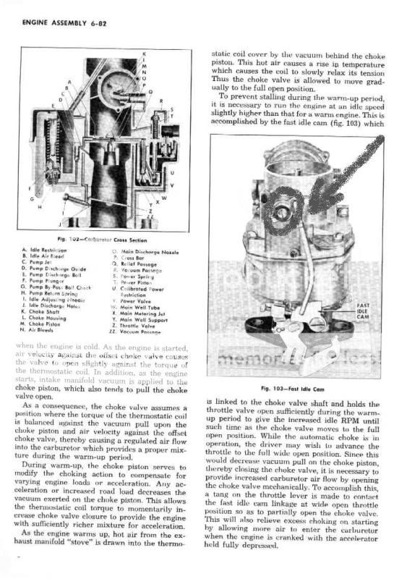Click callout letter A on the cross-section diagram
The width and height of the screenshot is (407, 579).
69,83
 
